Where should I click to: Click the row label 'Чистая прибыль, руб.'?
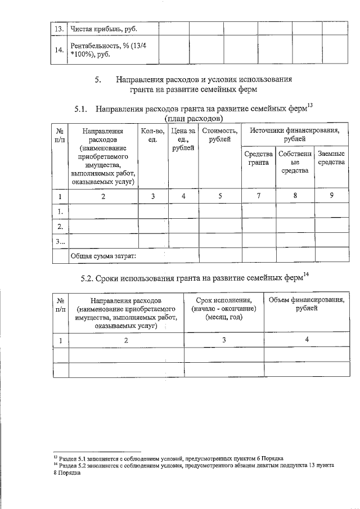[x=103, y=29]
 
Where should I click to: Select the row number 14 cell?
[x=58, y=50]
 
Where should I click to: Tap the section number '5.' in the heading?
[x=98, y=79]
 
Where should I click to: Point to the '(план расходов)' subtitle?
[x=193, y=118]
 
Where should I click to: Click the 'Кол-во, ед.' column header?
[x=153, y=134]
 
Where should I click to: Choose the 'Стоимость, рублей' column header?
[x=220, y=134]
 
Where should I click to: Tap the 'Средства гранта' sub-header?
[x=258, y=158]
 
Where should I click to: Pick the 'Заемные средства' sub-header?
[x=331, y=158]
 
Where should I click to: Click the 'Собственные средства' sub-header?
[x=295, y=162]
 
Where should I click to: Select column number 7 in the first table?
[x=258, y=196]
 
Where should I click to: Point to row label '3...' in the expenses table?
[x=60, y=241]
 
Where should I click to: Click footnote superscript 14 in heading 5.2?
[x=306, y=274]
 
